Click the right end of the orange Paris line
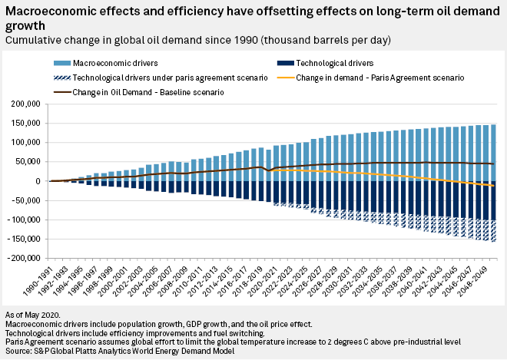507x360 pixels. (x=492, y=187)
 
